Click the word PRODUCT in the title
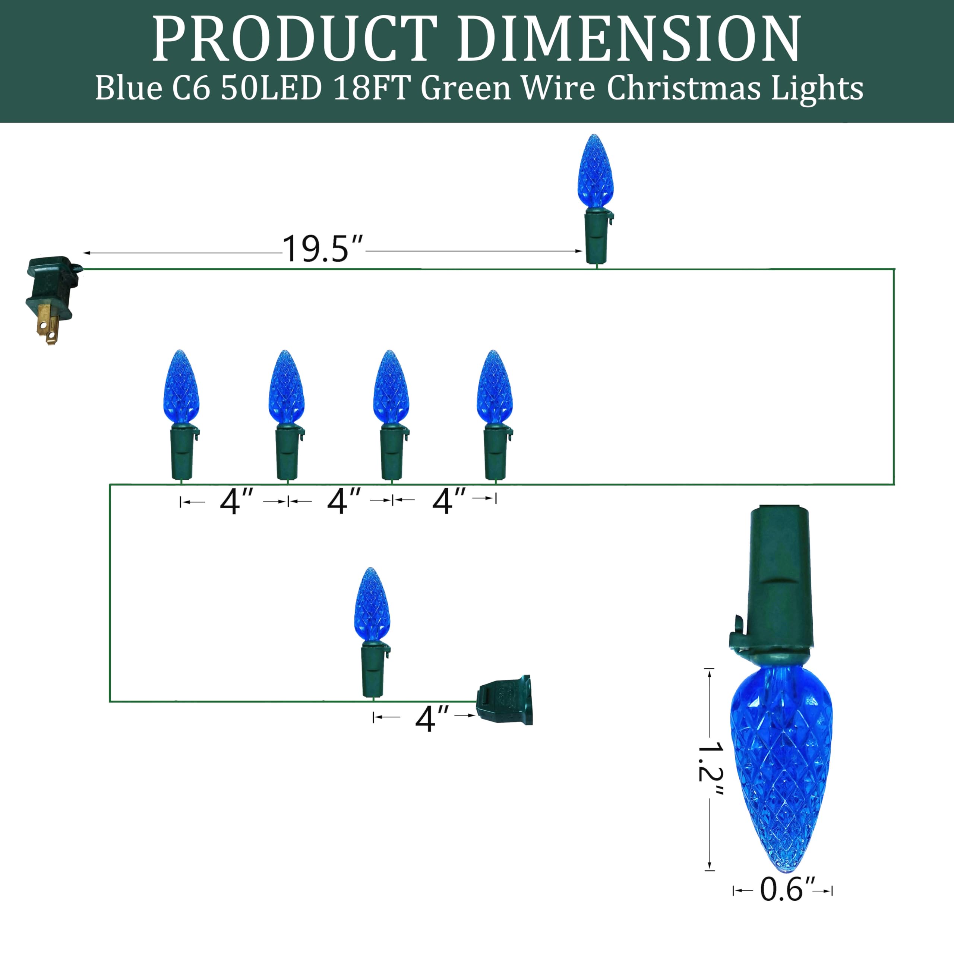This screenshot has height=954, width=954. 295,39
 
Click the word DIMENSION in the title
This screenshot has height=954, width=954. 628,39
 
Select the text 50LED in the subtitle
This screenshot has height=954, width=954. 271,89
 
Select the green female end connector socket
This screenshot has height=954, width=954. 504,700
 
